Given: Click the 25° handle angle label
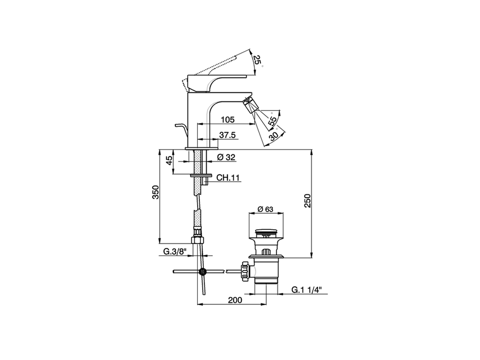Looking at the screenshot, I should tap(257, 60).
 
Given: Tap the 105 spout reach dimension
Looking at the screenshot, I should tap(228, 120).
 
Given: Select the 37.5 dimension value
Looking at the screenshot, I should tap(228, 135).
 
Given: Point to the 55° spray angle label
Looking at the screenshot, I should tap(273, 120).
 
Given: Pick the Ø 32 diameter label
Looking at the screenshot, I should tap(226, 157).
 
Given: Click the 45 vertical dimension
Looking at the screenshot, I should tap(169, 160).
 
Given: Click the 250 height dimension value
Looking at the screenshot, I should tap(307, 201).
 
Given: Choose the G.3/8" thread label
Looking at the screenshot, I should tap(174, 252).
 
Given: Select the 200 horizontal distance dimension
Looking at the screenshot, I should tap(235, 300).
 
